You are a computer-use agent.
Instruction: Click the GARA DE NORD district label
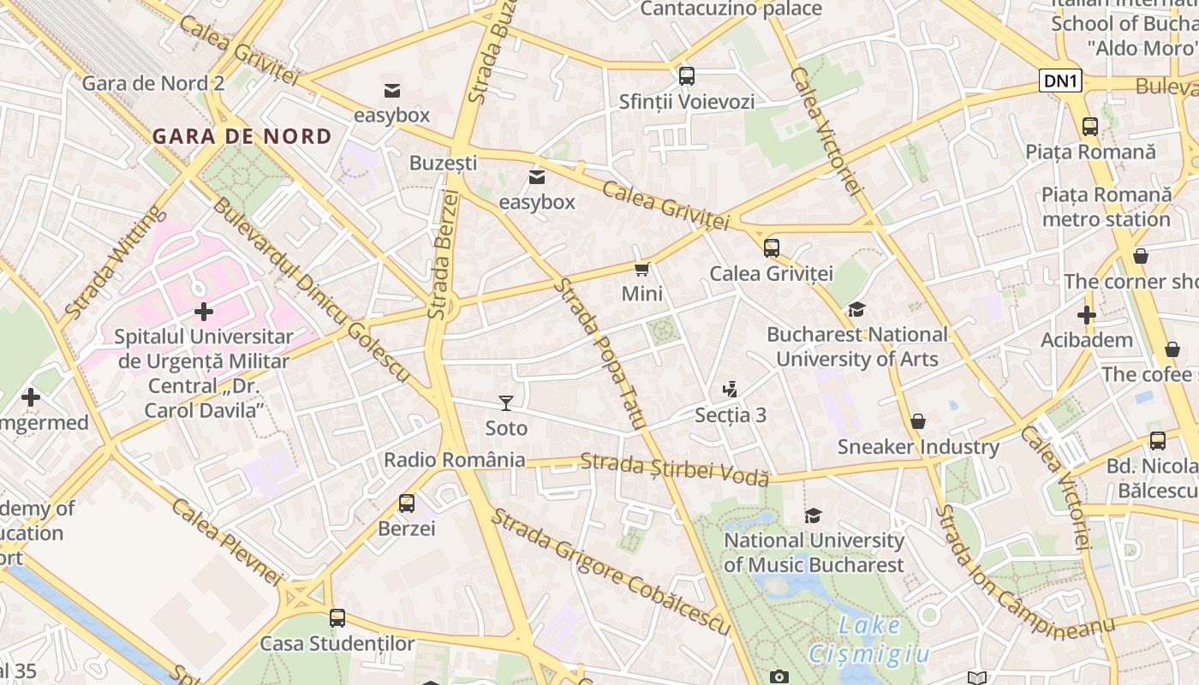point(242,136)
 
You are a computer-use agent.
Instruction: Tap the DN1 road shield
point(1062,81)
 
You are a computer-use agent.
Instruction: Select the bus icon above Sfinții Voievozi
point(687,75)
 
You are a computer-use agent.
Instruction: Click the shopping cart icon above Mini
point(641,269)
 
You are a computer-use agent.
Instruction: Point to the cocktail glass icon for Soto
point(506,402)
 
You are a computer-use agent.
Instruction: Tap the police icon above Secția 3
point(730,390)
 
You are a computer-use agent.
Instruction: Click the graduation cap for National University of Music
point(813,515)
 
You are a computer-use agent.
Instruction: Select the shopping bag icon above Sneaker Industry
point(918,421)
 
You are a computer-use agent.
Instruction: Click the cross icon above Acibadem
point(1087,314)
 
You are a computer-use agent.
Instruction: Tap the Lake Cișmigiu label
point(869,640)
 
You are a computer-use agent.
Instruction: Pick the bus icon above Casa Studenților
point(337,617)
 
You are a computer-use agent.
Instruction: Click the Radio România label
point(454,460)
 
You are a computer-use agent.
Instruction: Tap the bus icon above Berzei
point(407,503)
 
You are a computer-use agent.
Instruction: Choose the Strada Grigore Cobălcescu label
point(610,571)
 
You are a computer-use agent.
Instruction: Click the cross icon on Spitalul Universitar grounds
point(204,312)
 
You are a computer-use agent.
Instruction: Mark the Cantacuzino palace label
point(731,9)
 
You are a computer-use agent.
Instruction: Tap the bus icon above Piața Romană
point(1090,127)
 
